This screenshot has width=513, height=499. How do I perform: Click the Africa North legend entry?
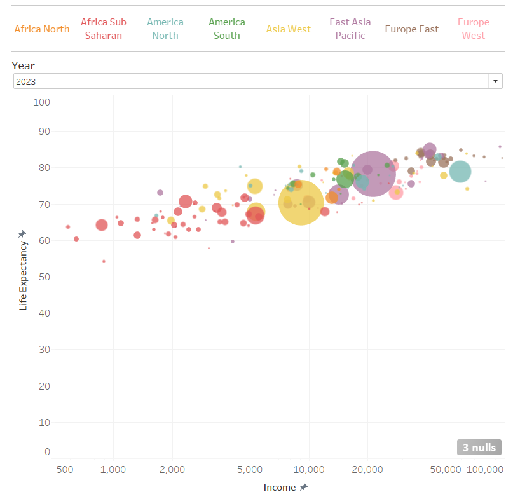[42, 29]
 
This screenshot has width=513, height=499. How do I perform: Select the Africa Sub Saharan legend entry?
[104, 29]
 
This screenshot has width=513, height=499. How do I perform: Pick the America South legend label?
[227, 29]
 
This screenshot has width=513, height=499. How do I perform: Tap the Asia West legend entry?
[289, 29]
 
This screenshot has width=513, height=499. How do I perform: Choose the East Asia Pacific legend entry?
[350, 29]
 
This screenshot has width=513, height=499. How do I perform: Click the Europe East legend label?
[412, 29]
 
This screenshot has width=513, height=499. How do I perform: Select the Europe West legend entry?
[474, 29]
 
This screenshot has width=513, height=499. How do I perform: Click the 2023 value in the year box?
[26, 81]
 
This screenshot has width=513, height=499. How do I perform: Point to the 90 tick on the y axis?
[43, 132]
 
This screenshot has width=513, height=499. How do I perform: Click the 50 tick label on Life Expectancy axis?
[43, 277]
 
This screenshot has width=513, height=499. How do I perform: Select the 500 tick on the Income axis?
[64, 470]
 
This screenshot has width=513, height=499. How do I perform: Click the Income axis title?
[280, 488]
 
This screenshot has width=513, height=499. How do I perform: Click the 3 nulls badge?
[479, 448]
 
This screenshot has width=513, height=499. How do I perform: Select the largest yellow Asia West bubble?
[301, 203]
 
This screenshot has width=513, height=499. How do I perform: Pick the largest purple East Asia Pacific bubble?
[373, 174]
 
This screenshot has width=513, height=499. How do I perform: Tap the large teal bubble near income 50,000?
[460, 171]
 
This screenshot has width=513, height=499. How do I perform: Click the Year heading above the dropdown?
[24, 65]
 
